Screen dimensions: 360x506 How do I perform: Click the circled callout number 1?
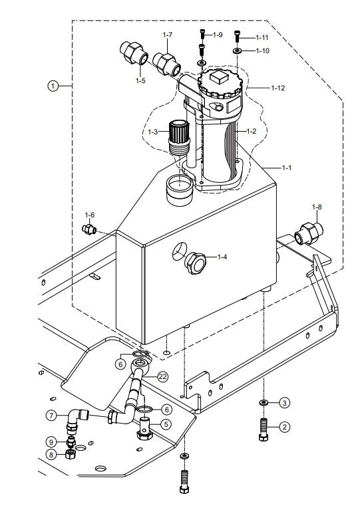coord(53,86)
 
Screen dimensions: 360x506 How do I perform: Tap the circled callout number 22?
coord(163,376)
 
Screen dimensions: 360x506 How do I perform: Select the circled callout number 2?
coord(284,428)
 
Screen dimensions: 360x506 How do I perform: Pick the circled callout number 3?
coord(284,402)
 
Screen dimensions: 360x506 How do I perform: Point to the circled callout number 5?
coord(166,424)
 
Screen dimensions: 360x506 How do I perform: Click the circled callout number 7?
coord(51,416)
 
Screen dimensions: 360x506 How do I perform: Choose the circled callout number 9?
coord(51,442)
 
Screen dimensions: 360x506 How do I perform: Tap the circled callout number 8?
coord(51,455)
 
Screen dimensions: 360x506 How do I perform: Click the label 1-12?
coord(278,88)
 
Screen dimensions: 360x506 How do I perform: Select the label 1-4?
coord(222,257)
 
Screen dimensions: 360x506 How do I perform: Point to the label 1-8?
coord(317,207)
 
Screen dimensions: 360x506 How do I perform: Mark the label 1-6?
coord(90,215)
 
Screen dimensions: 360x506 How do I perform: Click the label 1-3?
coord(153,132)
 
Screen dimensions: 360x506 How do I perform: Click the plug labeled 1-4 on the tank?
coord(196,263)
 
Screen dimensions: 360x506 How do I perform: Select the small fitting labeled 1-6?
coord(89,229)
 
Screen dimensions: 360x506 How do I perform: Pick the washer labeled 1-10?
coord(238,51)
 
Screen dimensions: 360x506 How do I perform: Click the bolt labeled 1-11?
coord(238,36)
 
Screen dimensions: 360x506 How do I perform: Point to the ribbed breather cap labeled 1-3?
coord(178,136)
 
